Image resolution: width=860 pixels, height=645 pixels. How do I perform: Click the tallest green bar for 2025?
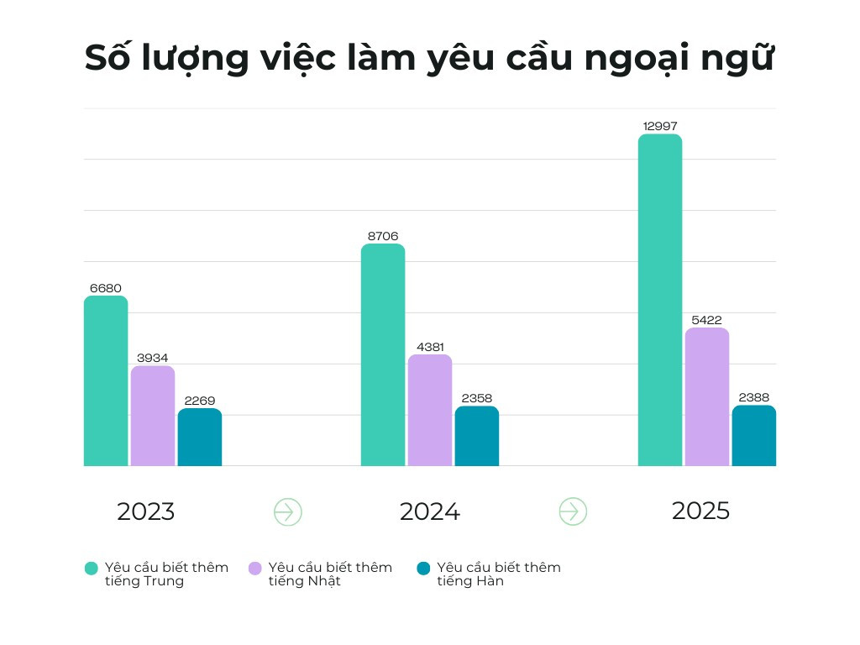click(660, 300)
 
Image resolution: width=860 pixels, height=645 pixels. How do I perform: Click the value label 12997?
click(660, 126)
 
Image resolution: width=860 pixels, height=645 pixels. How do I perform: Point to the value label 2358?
click(477, 398)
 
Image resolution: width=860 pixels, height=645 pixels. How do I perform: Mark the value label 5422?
click(707, 320)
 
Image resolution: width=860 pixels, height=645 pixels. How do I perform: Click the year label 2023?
click(146, 511)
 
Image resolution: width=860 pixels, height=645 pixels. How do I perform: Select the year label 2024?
click(430, 511)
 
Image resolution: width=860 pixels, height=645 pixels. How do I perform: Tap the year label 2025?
click(701, 511)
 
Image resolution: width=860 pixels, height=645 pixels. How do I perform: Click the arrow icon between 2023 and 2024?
click(288, 511)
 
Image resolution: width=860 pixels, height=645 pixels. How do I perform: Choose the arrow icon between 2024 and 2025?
click(573, 511)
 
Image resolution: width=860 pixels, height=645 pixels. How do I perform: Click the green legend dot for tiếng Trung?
click(92, 569)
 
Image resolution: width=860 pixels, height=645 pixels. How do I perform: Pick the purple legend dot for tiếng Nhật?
click(255, 569)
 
